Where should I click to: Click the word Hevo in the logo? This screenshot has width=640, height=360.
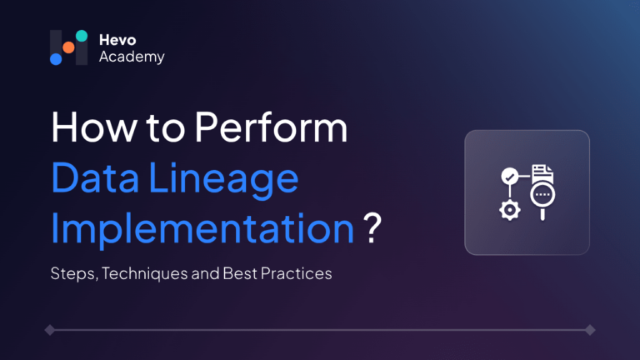coord(117,40)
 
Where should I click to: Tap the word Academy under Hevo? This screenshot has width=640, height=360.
coord(132,57)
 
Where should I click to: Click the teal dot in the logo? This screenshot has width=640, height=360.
coord(82,36)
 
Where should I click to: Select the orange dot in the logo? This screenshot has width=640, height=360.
coord(68,47)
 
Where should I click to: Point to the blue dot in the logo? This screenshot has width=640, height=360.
coord(56,59)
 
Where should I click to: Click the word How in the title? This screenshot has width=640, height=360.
coord(94,127)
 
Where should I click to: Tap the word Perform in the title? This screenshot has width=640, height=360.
coord(271,127)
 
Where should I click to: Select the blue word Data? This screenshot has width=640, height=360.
coord(95,177)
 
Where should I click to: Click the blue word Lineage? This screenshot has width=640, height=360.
coord(223,180)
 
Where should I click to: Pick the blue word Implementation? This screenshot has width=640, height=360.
coord(202,229)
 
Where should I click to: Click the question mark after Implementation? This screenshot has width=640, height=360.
coord(372,227)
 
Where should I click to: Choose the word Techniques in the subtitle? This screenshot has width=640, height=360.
coord(144,273)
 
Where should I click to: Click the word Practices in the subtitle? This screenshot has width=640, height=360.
coord(297,273)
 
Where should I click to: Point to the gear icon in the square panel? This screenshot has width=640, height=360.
coord(510,210)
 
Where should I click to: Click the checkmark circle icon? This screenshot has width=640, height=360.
coord(509,177)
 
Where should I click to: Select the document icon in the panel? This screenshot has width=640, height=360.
coord(542,173)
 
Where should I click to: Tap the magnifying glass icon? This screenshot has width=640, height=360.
coord(542,199)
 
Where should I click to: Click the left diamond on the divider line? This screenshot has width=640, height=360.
coord(50,330)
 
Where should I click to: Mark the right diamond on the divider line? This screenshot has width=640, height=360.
coord(590,330)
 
